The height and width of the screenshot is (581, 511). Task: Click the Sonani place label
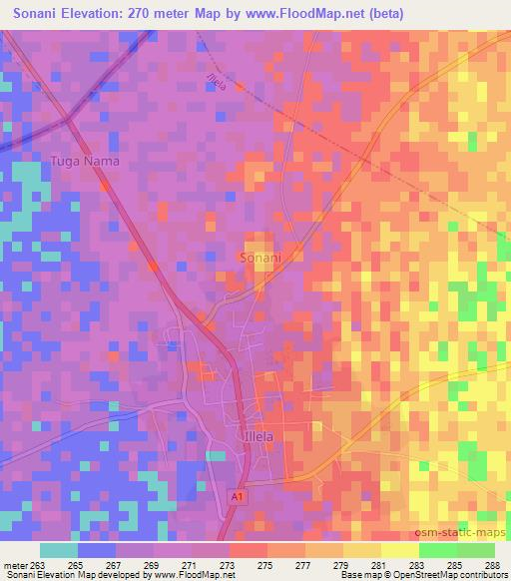pos(260,258)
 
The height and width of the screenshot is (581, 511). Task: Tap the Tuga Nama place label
pos(86,160)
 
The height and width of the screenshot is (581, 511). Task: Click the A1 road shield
pos(236,495)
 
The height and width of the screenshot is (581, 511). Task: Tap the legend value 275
pos(265,563)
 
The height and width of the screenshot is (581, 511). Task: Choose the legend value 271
pos(190,563)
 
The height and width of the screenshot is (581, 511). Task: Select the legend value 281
pos(379,563)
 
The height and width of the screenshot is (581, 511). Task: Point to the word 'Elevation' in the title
pos(98,13)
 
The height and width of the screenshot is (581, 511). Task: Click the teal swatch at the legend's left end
pos(59,550)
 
